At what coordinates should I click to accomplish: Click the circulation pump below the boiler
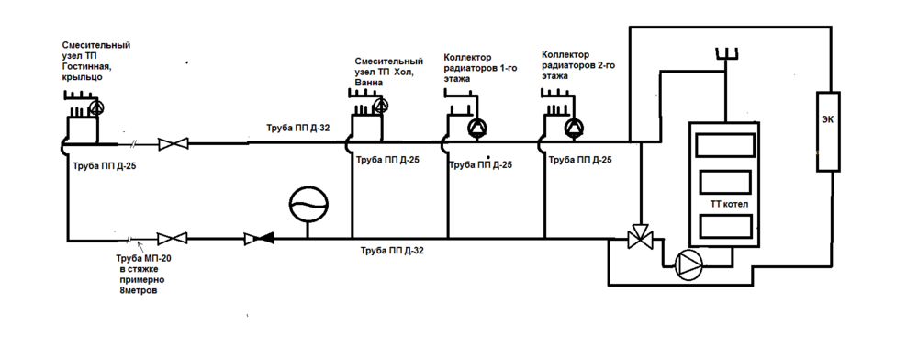tap(688, 264)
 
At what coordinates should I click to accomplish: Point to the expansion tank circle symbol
tap(306, 202)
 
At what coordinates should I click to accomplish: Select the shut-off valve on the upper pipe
tap(173, 143)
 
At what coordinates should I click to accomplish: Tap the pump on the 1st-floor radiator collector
tap(476, 128)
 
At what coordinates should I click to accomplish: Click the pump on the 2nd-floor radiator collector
tap(574, 125)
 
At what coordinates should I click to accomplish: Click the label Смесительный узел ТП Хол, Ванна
tap(388, 71)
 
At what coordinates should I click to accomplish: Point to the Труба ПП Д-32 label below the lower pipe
tap(392, 250)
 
